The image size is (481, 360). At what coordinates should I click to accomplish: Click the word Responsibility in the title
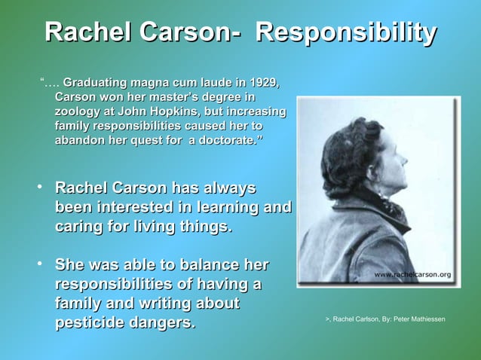click(346, 33)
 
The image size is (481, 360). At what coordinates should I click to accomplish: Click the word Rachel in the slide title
click(87, 33)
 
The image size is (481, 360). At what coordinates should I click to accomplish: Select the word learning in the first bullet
click(226, 207)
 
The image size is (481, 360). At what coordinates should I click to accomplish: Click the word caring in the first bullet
click(78, 227)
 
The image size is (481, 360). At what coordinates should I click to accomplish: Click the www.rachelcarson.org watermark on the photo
click(412, 275)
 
